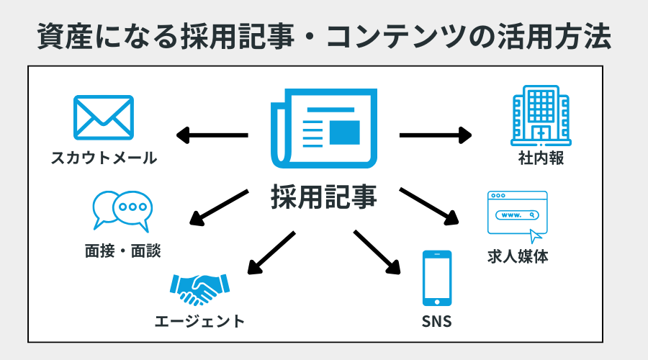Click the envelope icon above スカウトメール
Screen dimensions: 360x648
pyautogui.click(x=104, y=117)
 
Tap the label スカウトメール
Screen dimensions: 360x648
pyautogui.click(x=104, y=158)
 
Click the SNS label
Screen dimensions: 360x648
pyautogui.click(x=436, y=321)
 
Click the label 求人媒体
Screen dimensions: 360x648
pyautogui.click(x=517, y=256)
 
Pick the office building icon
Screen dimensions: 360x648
pyautogui.click(x=536, y=117)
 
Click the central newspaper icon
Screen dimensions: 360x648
pyautogui.click(x=323, y=129)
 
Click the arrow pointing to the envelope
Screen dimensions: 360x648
pyautogui.click(x=212, y=135)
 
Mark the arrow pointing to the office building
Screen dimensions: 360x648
pyautogui.click(x=436, y=135)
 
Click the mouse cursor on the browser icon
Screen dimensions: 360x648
pyautogui.click(x=535, y=236)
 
